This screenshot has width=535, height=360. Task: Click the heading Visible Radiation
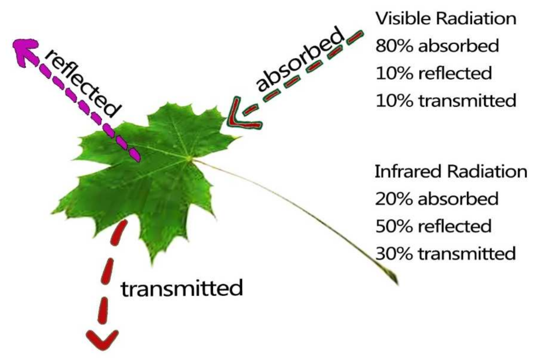[x=445, y=19]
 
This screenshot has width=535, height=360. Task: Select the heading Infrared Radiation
[x=451, y=171]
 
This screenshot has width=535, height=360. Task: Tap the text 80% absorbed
[x=437, y=46]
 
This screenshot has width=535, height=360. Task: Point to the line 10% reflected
[x=433, y=73]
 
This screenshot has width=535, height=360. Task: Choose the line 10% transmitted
[x=446, y=100]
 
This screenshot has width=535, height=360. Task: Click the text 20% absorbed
[x=436, y=199]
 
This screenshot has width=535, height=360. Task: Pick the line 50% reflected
[x=433, y=226]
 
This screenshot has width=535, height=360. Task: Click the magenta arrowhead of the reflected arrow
[x=25, y=51]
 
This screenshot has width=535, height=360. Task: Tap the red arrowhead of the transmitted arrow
[x=102, y=340]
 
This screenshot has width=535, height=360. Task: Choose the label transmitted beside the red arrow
[x=182, y=288]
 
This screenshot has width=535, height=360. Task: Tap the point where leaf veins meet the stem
[x=189, y=158]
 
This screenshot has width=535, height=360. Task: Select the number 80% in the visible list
[x=394, y=46]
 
